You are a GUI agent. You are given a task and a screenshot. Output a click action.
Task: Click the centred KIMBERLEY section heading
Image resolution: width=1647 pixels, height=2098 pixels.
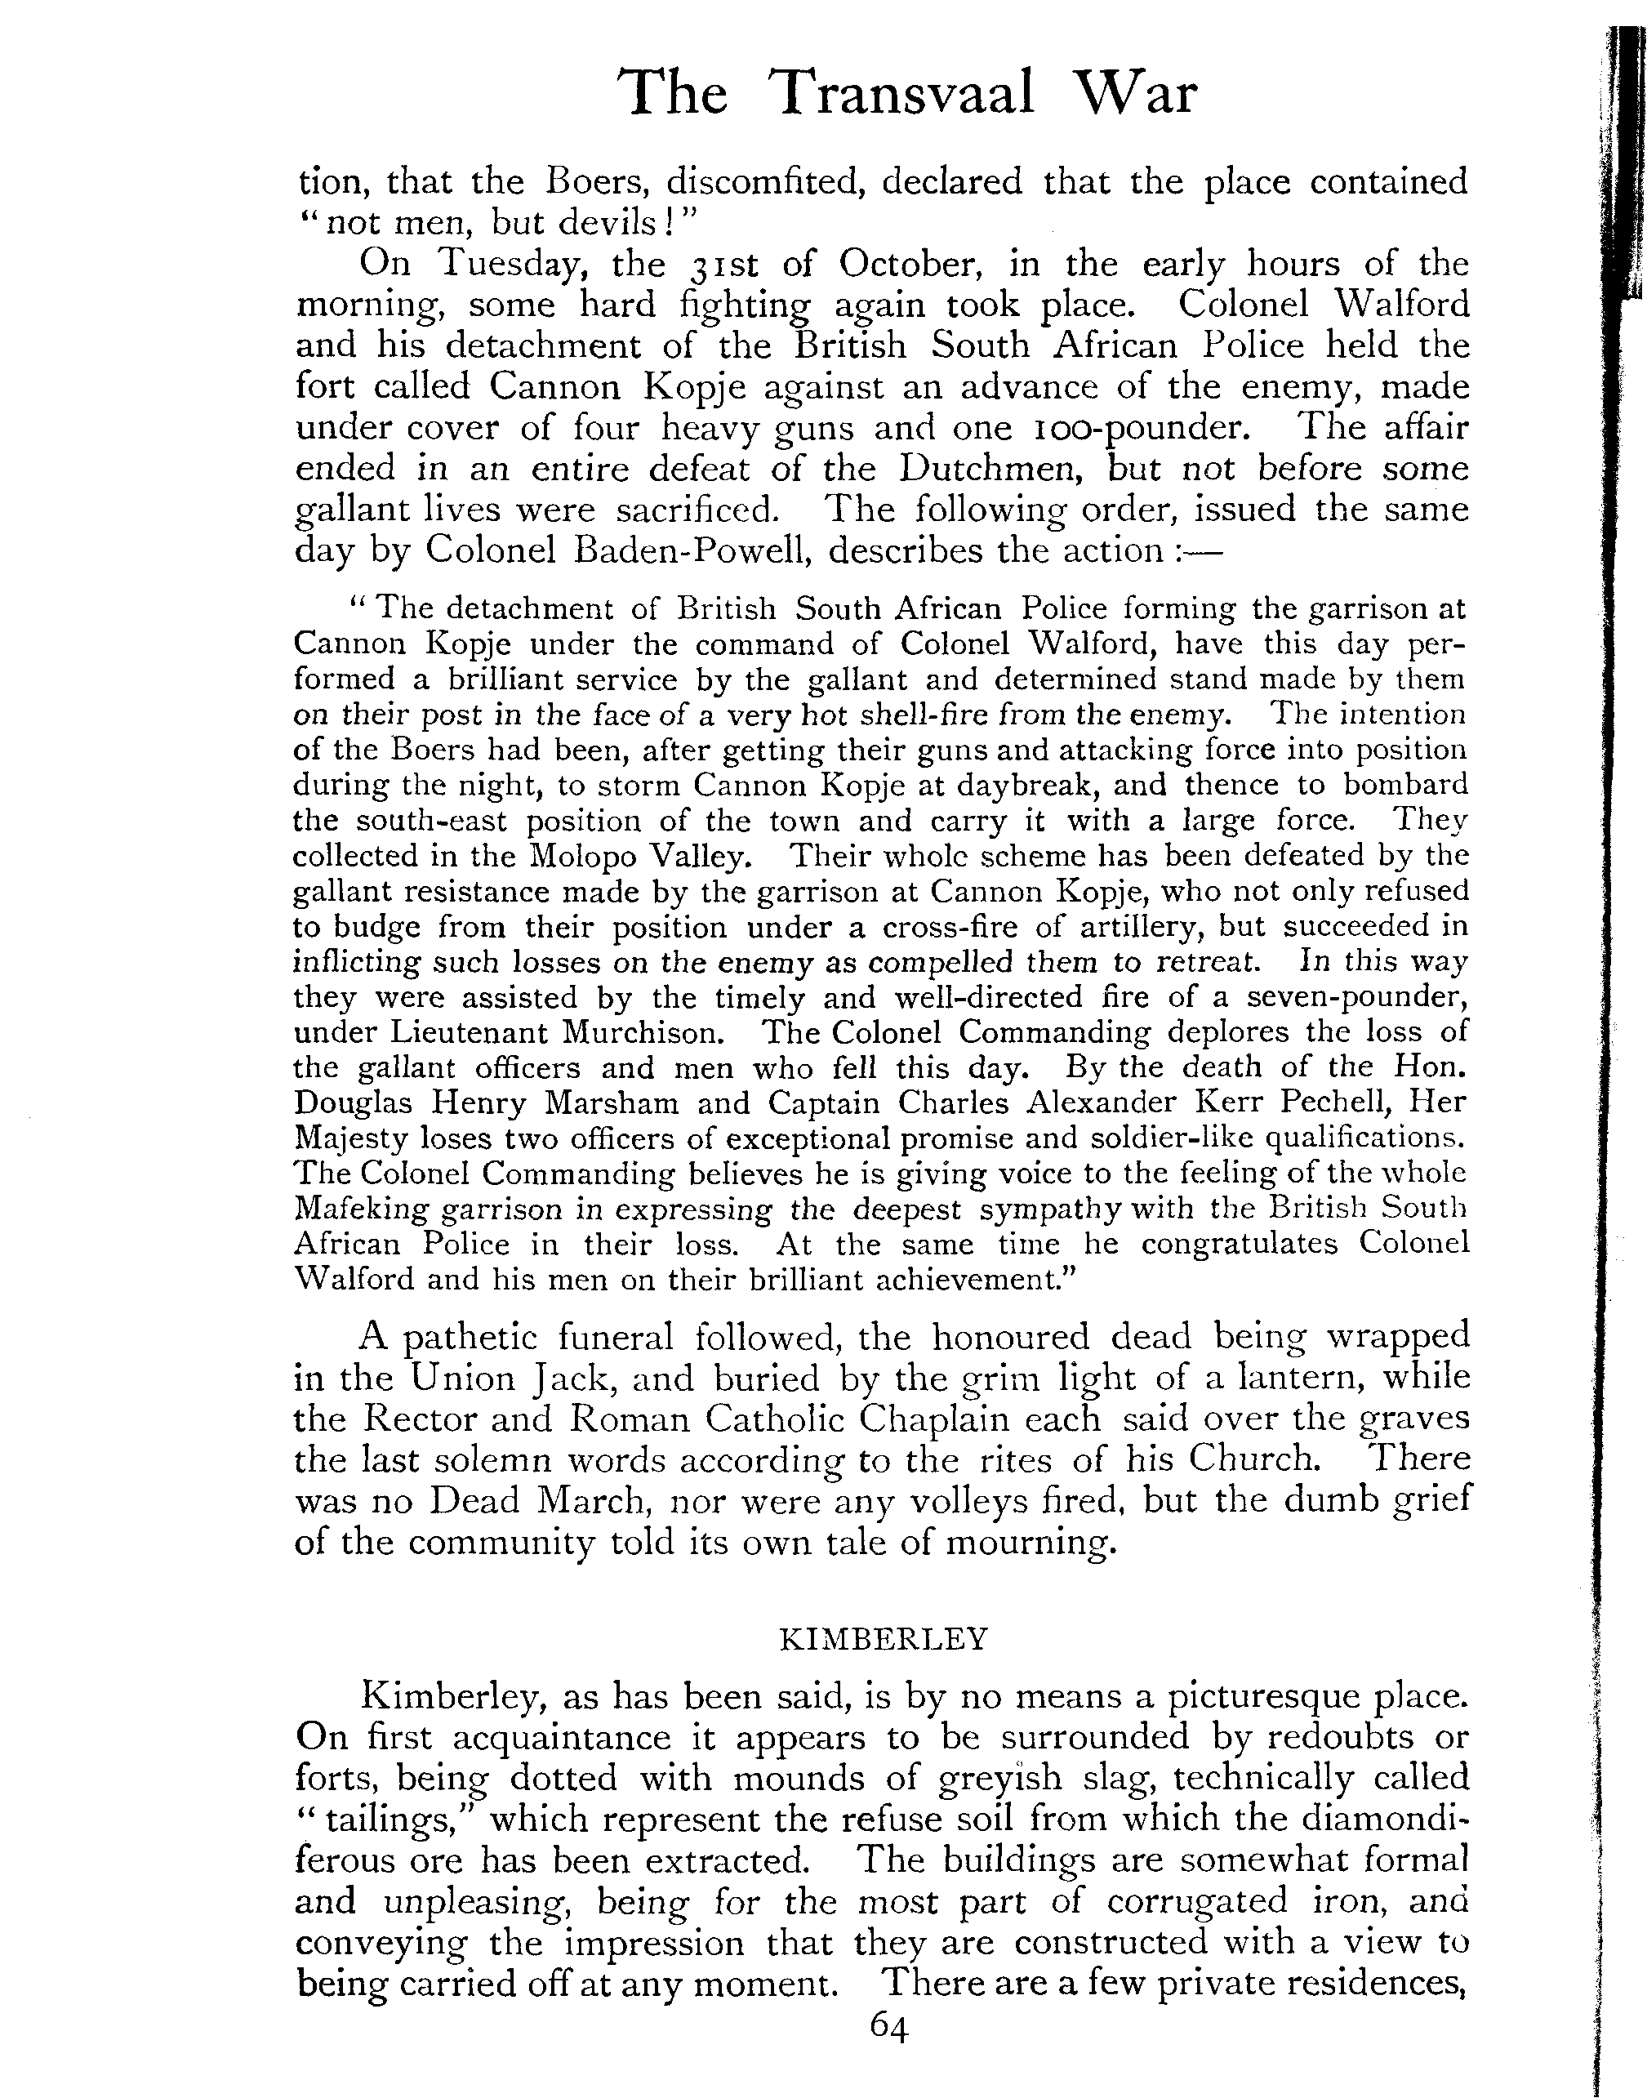(884, 1640)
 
